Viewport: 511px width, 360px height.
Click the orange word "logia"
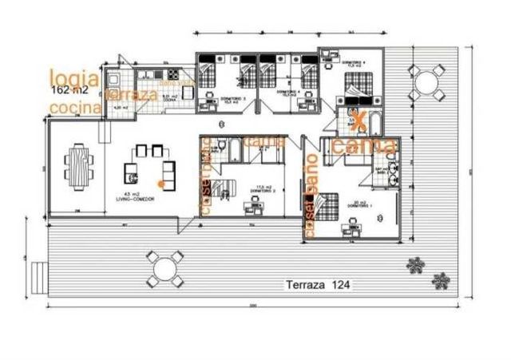coord(74,77)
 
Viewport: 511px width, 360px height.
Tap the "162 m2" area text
coord(69,90)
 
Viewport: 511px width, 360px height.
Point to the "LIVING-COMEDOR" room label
coord(134,199)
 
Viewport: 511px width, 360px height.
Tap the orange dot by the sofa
coord(160,184)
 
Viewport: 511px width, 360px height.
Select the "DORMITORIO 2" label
coord(263,192)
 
